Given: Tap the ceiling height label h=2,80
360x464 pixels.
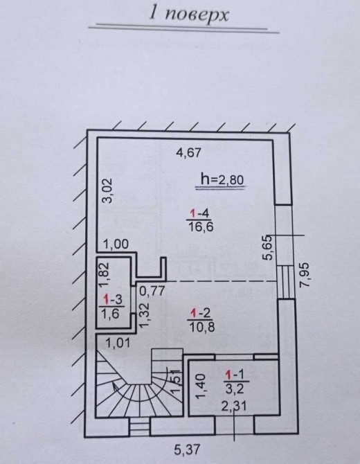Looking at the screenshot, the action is click(x=222, y=179).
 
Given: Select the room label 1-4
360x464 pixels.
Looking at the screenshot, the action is click(x=199, y=213).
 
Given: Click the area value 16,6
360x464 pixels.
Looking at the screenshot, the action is click(x=201, y=227).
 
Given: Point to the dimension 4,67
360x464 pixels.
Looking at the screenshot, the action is click(x=188, y=152).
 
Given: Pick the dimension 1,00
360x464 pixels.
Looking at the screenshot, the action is click(x=116, y=244).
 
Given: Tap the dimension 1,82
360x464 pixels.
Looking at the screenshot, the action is click(x=104, y=275).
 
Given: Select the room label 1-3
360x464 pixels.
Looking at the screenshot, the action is click(x=112, y=299).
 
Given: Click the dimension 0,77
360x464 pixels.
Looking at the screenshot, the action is click(x=152, y=291).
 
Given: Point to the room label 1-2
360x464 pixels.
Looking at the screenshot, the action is click(x=201, y=313).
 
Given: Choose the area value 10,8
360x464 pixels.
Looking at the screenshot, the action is click(x=201, y=327).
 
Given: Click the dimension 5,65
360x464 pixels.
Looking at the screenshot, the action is click(x=268, y=247).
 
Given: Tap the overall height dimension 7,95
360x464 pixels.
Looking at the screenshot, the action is click(x=304, y=275).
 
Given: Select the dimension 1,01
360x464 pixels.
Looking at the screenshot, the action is click(x=118, y=343).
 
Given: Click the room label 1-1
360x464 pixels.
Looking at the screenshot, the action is click(x=235, y=375).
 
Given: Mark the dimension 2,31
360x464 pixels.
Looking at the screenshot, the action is click(x=234, y=407).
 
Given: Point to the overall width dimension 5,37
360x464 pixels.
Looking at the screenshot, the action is click(x=187, y=450).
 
